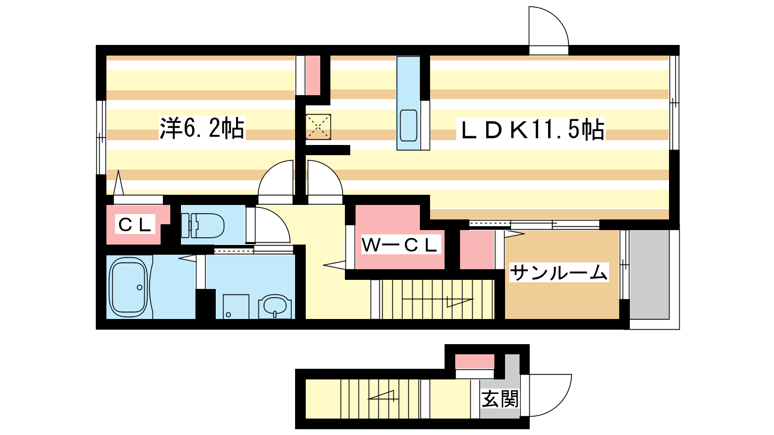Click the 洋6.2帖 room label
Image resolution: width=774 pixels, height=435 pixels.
coord(202,128)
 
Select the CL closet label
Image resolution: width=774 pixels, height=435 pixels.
coord(135,225)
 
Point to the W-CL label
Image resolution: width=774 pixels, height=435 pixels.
coord(400,245)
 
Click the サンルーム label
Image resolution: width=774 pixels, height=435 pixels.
coord(559,273)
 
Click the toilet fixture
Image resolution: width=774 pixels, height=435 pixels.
coord(203,225)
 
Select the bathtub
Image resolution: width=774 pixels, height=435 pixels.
coord(129,287)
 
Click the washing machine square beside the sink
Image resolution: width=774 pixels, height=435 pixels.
coord(236,306)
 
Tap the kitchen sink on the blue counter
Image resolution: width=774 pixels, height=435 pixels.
coord(408,125)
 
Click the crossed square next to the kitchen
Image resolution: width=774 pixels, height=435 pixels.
coord(318,127)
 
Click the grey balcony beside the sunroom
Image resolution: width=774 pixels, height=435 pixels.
coord(650,275)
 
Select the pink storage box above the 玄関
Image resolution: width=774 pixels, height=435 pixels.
coord(475,362)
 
